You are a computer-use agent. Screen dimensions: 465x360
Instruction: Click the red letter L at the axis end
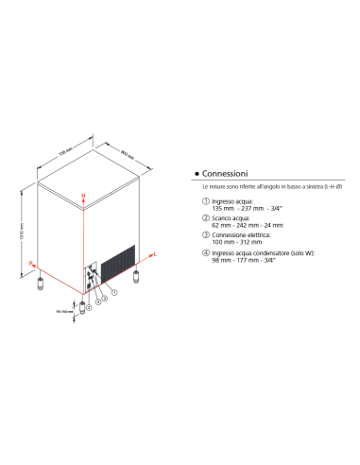[x=155, y=255]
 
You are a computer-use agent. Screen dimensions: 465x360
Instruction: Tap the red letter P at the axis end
[x=30, y=261]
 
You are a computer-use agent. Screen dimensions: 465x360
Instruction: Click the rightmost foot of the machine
[x=139, y=277]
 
